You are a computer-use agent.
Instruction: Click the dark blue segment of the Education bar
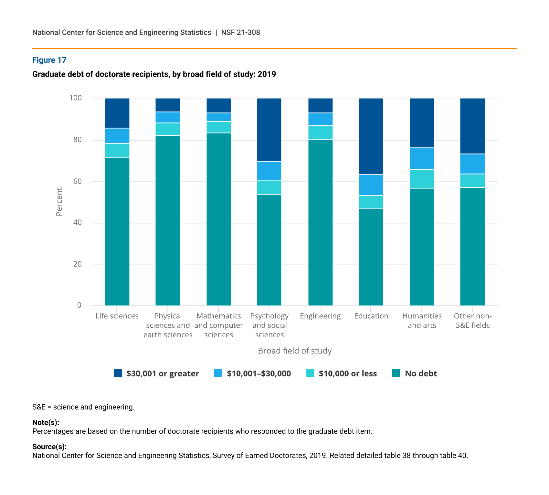click(371, 136)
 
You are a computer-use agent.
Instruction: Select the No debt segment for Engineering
click(321, 223)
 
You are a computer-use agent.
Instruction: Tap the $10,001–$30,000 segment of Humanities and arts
click(422, 159)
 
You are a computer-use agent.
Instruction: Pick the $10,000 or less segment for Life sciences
click(117, 151)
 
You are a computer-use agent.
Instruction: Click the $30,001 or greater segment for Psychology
click(269, 130)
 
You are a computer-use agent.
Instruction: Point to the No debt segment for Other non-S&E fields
click(472, 247)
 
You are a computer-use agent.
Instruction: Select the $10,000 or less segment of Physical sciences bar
click(168, 129)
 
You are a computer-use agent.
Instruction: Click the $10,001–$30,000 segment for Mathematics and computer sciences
click(219, 117)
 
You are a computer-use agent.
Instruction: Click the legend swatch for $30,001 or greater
click(118, 373)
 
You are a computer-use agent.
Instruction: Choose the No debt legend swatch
click(396, 373)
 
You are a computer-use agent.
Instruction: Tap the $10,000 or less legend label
click(348, 374)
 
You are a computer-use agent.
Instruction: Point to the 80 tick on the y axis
click(78, 140)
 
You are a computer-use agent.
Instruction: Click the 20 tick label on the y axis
click(78, 264)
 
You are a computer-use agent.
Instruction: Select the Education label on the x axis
click(371, 316)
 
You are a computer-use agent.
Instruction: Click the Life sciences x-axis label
click(117, 316)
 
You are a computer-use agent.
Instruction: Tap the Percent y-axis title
click(59, 202)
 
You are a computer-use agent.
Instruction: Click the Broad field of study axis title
click(295, 351)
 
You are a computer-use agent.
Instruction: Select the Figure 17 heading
click(49, 60)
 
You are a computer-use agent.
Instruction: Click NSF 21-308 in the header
click(241, 32)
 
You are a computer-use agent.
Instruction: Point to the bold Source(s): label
click(49, 447)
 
